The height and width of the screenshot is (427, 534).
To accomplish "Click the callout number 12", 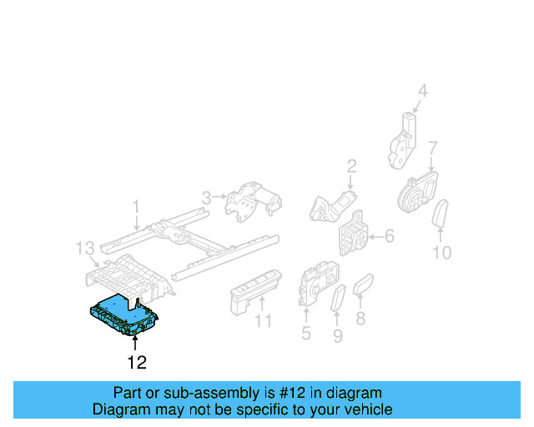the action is click(x=137, y=363).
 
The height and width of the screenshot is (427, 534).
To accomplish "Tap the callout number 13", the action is click(x=84, y=248).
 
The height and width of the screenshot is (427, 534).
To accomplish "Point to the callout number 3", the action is click(x=206, y=198).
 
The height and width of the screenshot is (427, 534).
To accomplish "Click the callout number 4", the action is click(x=422, y=92).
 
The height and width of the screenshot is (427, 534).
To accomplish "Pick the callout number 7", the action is click(x=432, y=148).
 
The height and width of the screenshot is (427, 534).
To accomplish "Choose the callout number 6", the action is click(x=388, y=237).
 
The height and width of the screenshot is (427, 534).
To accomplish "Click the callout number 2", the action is click(x=351, y=165).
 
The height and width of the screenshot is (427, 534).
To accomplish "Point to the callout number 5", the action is click(x=305, y=335).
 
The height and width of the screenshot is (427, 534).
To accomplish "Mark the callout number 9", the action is click(x=338, y=336).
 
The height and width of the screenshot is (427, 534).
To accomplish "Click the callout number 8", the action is click(x=360, y=318).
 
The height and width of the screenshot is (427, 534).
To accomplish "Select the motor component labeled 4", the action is click(x=405, y=139).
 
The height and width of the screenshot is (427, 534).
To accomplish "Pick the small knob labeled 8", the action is click(x=365, y=288).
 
